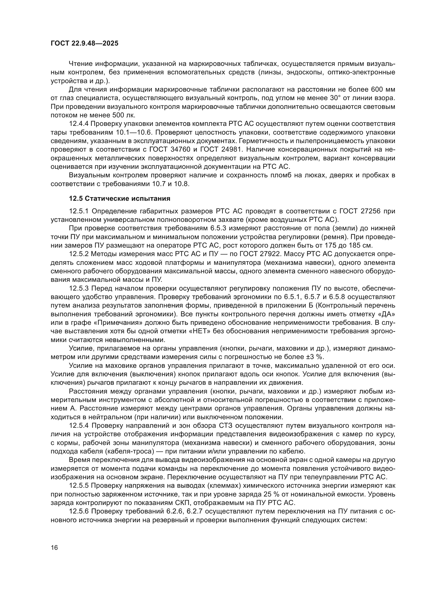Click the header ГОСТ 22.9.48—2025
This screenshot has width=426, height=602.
pyautogui.click(x=84, y=43)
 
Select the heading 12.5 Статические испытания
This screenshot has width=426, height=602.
pyautogui.click(x=119, y=198)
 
